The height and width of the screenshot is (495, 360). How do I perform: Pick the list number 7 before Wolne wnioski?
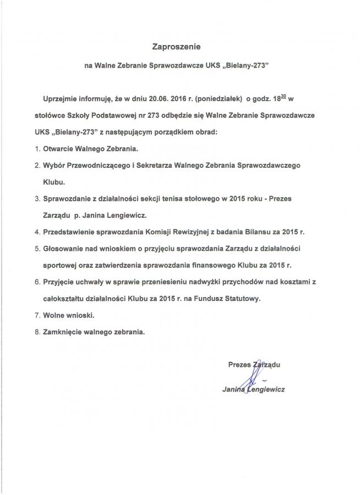[36, 316]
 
